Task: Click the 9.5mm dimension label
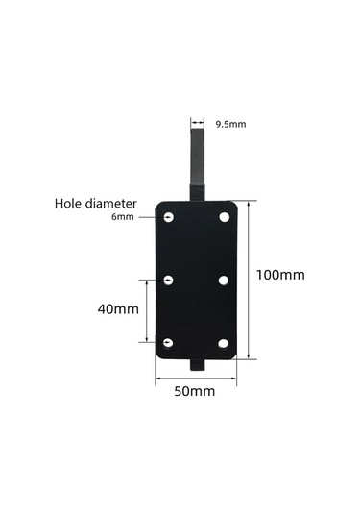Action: (x=231, y=124)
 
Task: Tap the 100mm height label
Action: (x=280, y=275)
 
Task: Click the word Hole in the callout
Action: (x=71, y=204)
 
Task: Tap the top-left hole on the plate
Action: (x=169, y=217)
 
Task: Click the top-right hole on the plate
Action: (x=224, y=217)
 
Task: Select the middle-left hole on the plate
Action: (x=169, y=280)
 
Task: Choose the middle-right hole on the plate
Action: (x=224, y=280)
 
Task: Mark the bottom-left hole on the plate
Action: (x=169, y=342)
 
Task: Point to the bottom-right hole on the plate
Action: (x=224, y=342)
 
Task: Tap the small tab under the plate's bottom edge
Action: (x=199, y=365)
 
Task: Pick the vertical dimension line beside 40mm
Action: (x=148, y=310)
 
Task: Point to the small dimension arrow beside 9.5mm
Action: (x=198, y=123)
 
